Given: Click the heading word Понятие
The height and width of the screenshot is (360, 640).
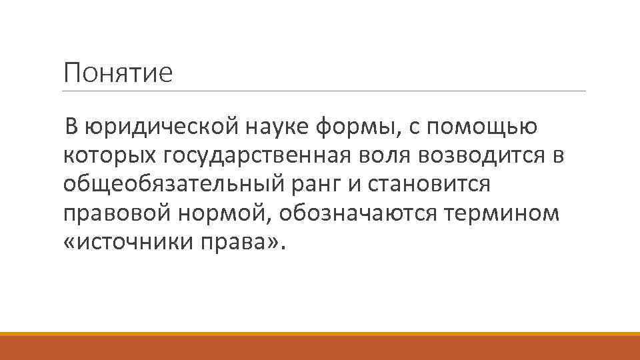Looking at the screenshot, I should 117,73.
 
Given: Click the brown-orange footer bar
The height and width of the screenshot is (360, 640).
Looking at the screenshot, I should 320,347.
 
